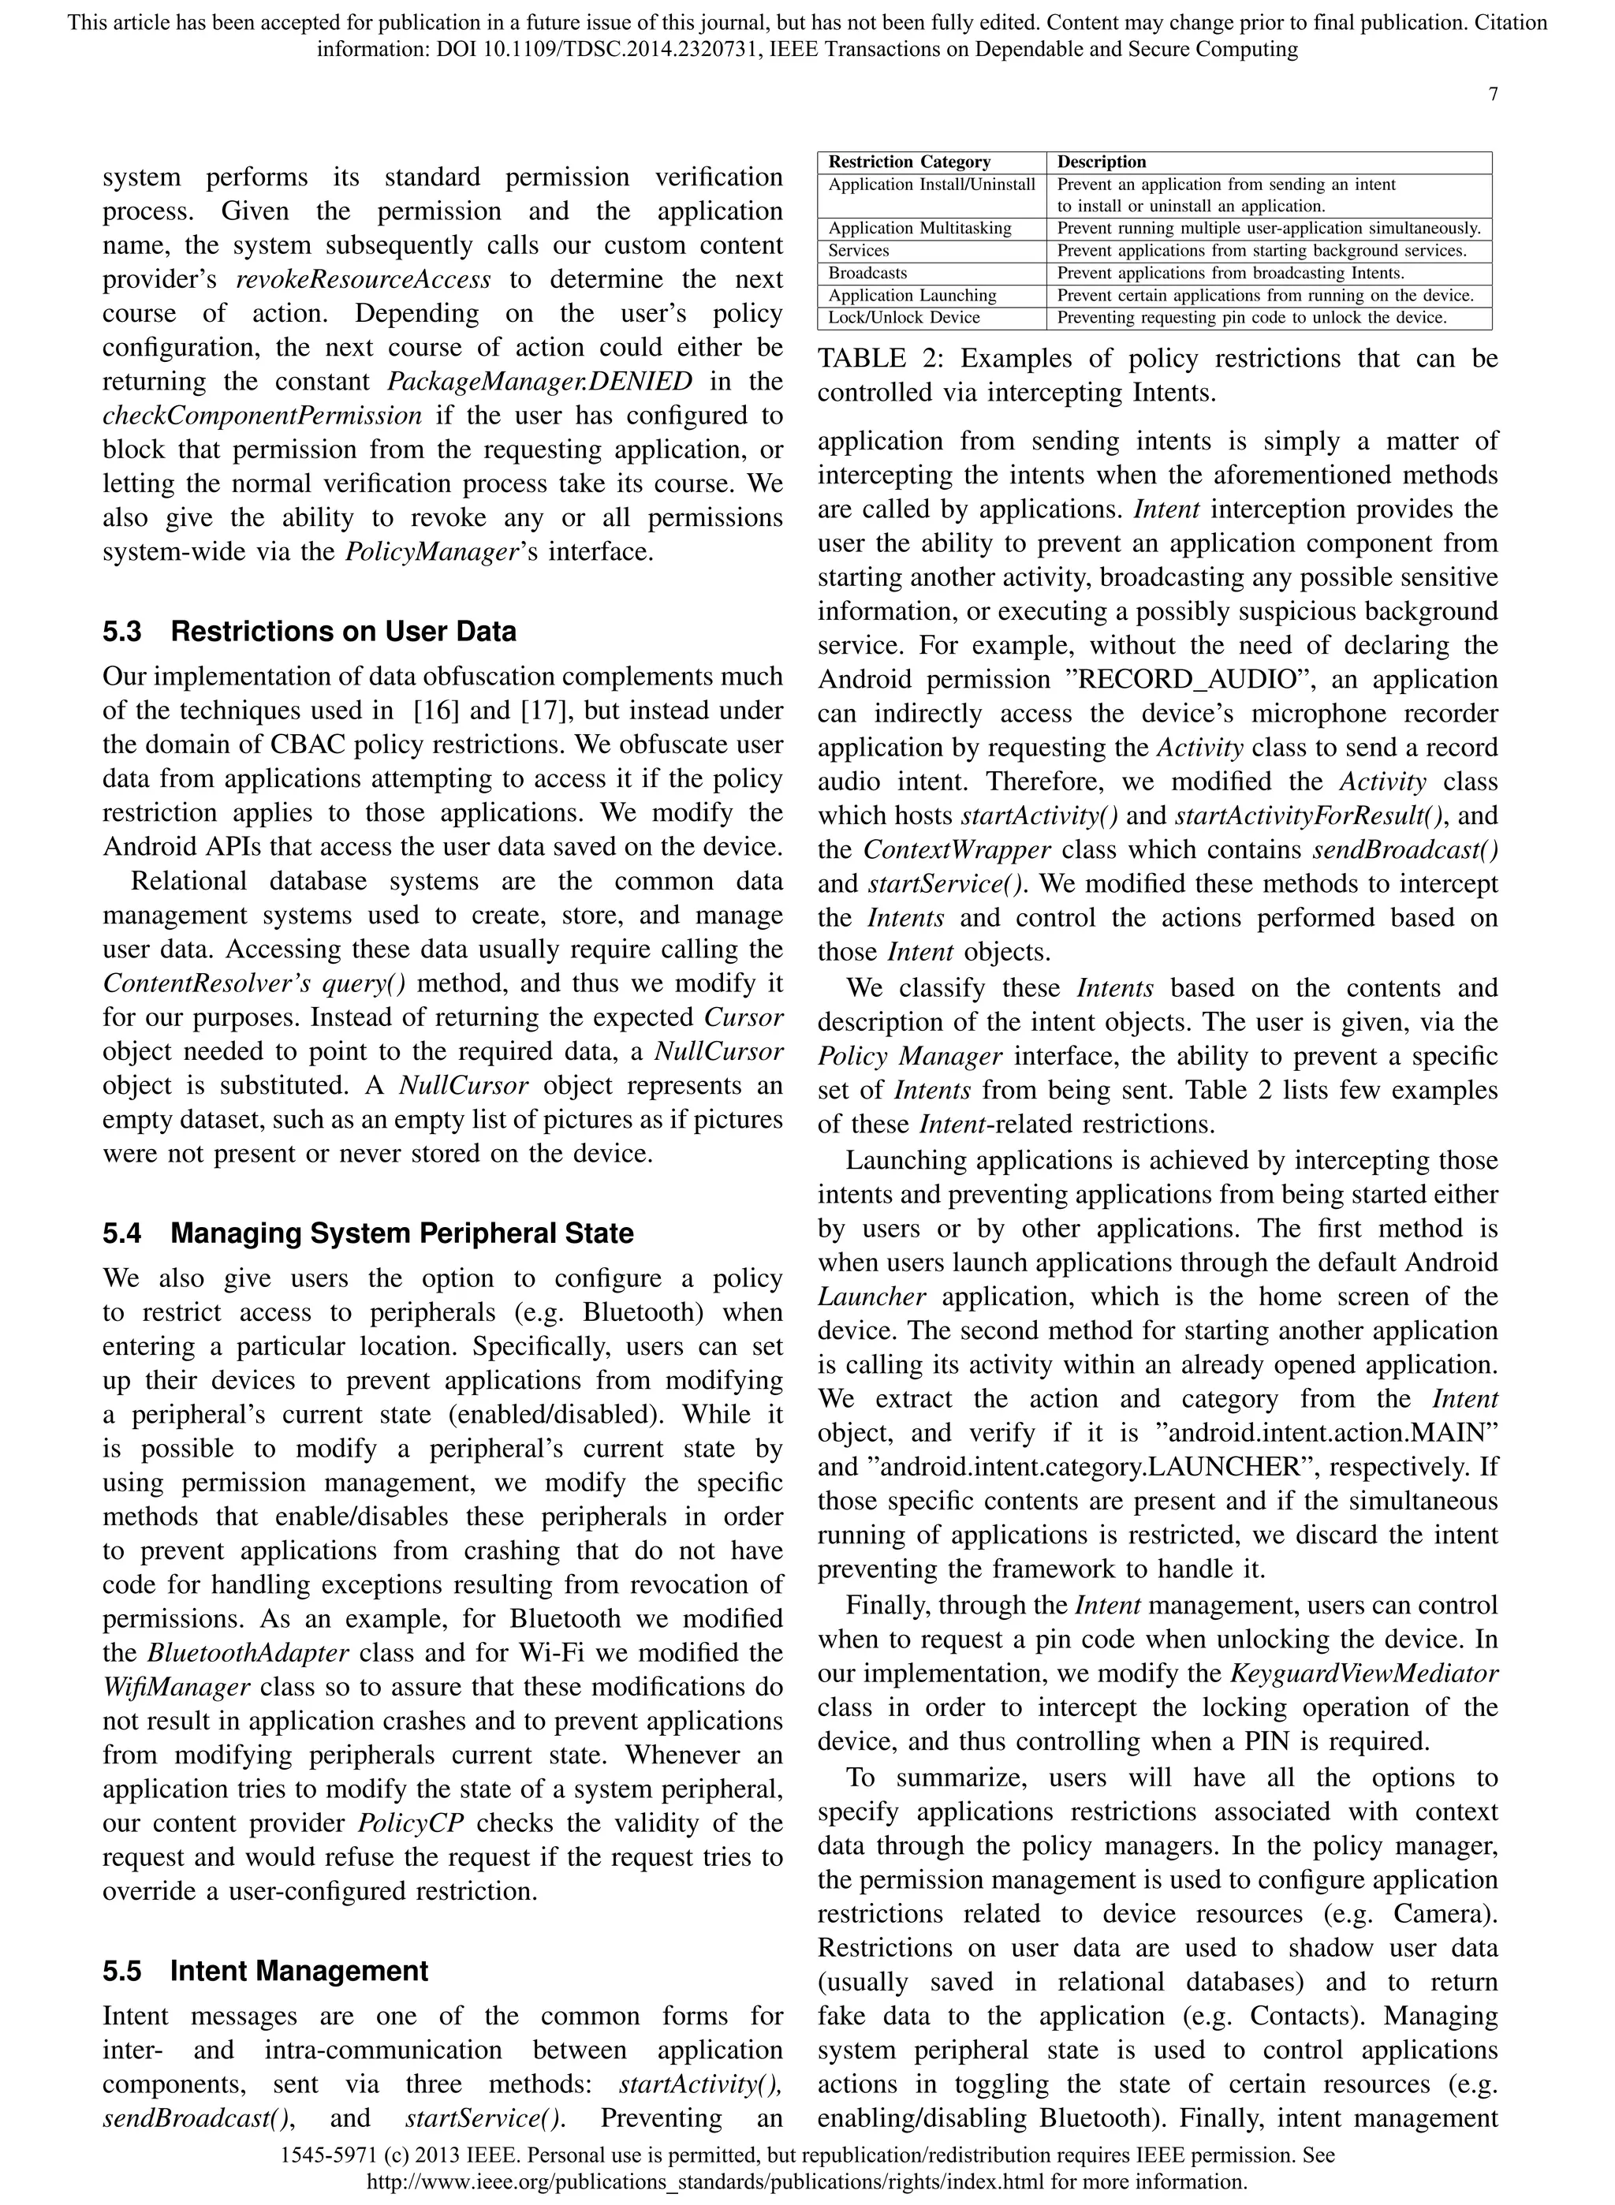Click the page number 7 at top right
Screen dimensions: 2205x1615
(1493, 95)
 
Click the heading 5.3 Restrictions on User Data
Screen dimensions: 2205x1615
(309, 632)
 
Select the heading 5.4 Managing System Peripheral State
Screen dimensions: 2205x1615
(367, 1233)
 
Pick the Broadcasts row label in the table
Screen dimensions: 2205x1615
(867, 274)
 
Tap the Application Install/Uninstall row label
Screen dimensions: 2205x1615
(931, 185)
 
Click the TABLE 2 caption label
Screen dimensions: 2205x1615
(880, 359)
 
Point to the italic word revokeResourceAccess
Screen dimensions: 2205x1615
(364, 279)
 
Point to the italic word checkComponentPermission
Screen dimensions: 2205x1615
(262, 416)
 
